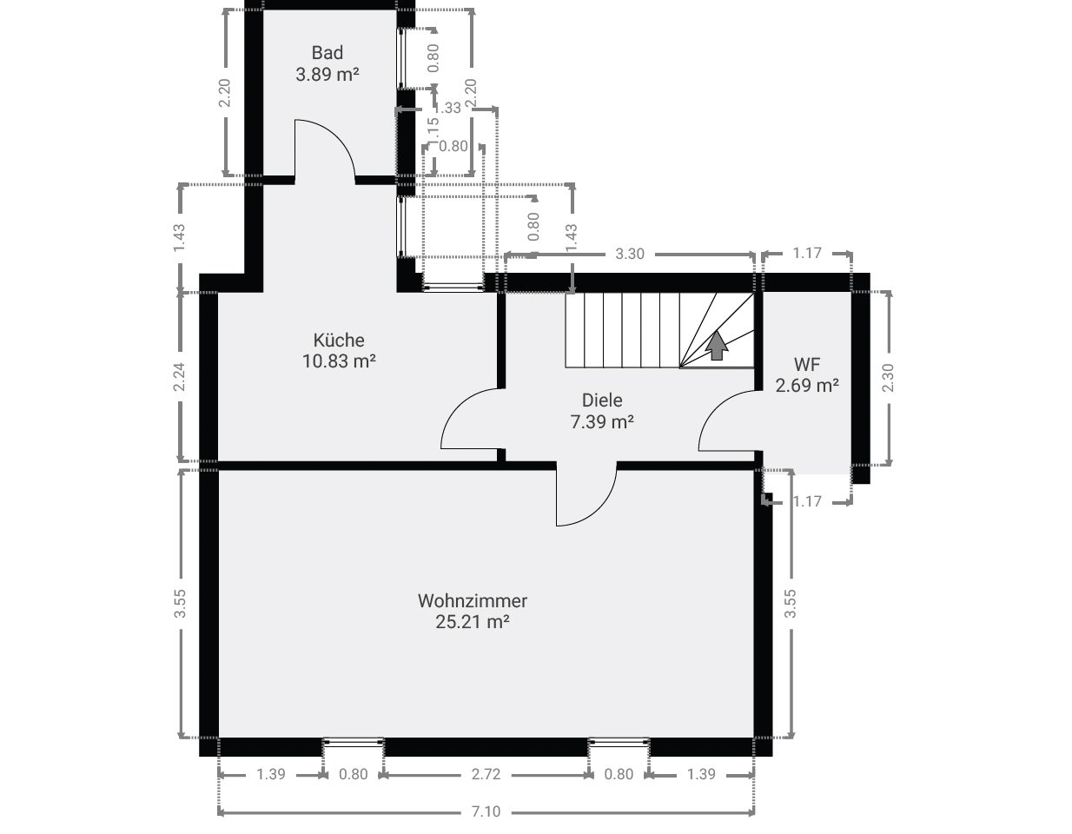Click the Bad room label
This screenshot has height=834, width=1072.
coord(328,53)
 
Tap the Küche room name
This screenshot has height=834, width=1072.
coord(339,340)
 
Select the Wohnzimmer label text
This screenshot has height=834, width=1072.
coord(472,600)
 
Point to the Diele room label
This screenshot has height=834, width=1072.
coord(602,400)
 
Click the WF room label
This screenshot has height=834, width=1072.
coord(807,365)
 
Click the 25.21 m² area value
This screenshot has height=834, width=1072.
coord(472,622)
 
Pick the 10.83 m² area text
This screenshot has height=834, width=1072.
coord(339,361)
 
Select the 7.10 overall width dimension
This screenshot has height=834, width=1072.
coord(486,811)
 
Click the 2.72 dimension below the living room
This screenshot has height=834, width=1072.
coord(486,774)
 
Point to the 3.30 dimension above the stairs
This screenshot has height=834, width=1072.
coord(630,254)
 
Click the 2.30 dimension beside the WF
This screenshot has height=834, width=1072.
coord(888,378)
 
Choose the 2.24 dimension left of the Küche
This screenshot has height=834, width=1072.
coord(179,377)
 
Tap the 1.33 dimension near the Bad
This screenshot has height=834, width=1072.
coord(447,108)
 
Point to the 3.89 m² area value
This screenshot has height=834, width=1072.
coord(328,75)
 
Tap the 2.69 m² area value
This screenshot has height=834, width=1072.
coord(807,385)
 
